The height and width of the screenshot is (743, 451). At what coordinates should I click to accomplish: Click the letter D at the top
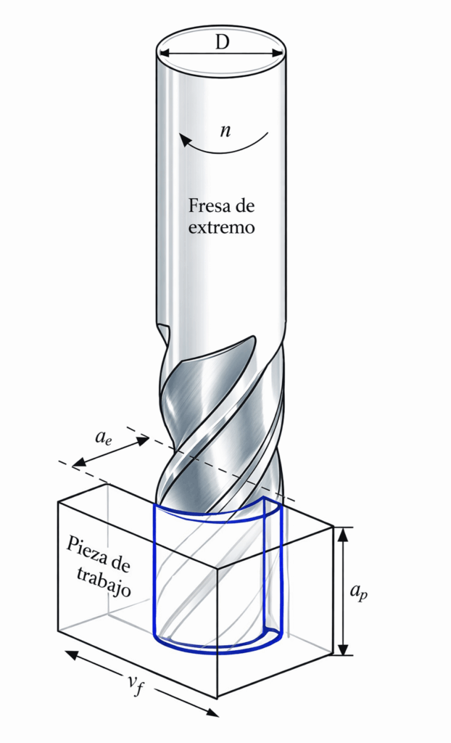click(x=221, y=41)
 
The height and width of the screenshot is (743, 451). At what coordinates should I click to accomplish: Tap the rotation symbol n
click(x=225, y=131)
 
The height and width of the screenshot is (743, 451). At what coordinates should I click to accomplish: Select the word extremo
click(x=222, y=227)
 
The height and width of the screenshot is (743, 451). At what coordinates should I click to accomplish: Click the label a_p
click(x=358, y=591)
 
